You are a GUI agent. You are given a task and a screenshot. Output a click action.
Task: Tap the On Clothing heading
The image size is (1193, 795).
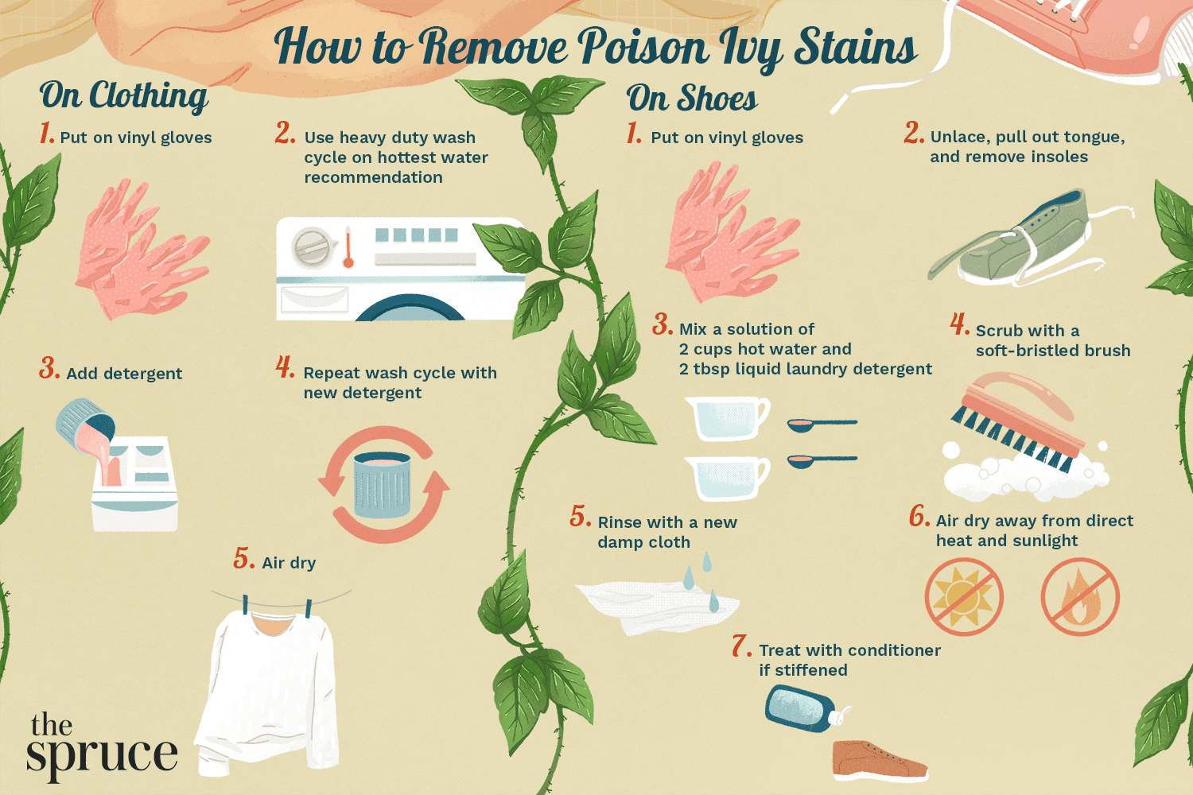pyautogui.click(x=124, y=97)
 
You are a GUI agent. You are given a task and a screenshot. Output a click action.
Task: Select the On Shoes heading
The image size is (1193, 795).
pyautogui.click(x=692, y=99)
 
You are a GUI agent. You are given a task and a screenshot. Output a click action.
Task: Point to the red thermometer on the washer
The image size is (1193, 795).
pyautogui.click(x=348, y=248)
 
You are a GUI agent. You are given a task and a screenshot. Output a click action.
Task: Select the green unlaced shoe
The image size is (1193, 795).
pyautogui.click(x=1026, y=238)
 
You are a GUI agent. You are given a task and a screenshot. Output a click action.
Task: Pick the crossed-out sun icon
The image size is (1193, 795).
pyautogui.click(x=963, y=597)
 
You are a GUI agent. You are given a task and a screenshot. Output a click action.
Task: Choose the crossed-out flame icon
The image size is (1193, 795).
pyautogui.click(x=1079, y=597)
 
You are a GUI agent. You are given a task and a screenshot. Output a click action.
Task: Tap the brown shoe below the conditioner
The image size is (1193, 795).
pyautogui.click(x=878, y=758)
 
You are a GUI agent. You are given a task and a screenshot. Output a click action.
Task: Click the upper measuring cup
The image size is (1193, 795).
pyautogui.click(x=725, y=417)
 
